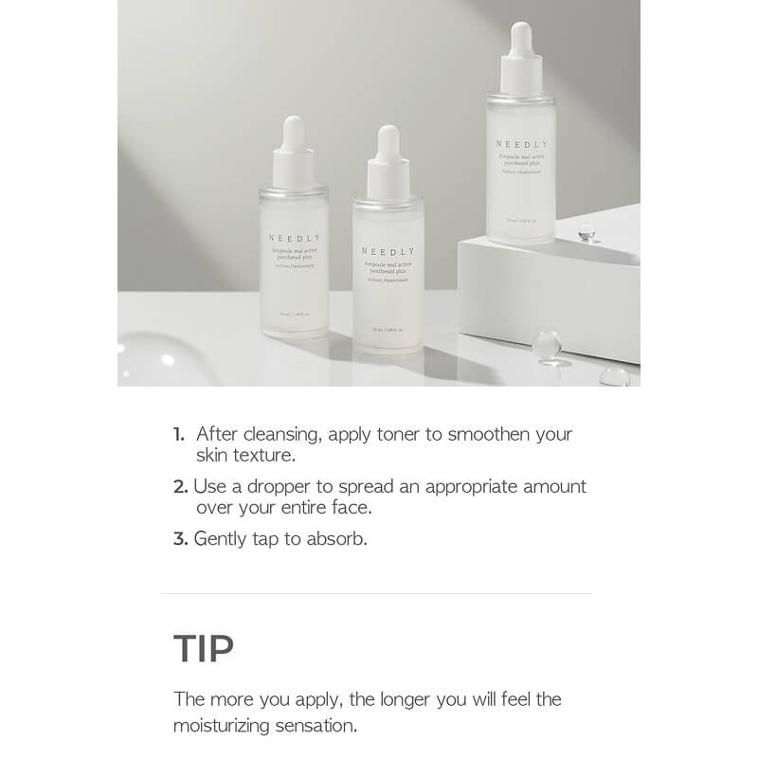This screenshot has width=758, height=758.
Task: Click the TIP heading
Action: point(204,649)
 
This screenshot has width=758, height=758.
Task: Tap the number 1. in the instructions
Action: point(178,435)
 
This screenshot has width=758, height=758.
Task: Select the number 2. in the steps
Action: point(180,486)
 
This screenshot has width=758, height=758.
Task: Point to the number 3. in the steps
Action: point(180,538)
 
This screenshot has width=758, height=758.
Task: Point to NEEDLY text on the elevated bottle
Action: point(520,144)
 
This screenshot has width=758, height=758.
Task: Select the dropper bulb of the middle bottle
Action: point(388,142)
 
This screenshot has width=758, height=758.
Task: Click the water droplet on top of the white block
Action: point(587,230)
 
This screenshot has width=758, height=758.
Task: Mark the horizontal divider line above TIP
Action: point(375,593)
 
